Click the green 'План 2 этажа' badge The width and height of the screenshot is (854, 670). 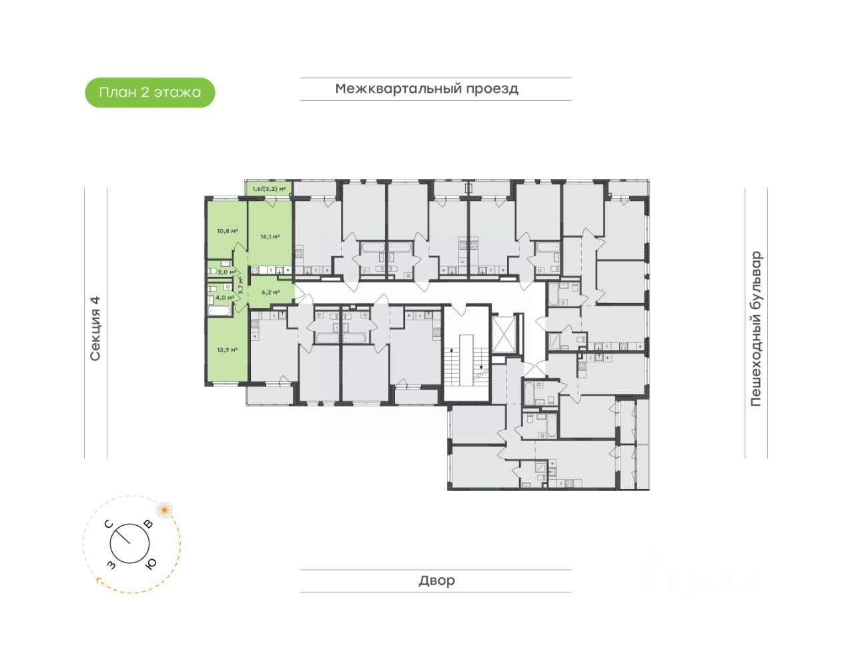[150, 93]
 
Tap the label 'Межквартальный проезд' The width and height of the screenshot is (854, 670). [427, 89]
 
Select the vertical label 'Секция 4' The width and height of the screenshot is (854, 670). [95, 328]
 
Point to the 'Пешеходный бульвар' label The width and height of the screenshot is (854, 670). [755, 328]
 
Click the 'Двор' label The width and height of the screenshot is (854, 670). [436, 581]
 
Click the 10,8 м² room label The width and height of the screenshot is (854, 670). [227, 231]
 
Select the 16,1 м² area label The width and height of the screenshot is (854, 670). [270, 236]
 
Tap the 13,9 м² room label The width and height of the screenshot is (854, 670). [227, 349]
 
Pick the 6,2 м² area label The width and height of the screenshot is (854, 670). [270, 292]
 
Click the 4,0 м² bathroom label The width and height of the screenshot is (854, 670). [225, 298]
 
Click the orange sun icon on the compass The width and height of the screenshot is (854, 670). [164, 511]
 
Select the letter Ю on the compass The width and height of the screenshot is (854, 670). [151, 564]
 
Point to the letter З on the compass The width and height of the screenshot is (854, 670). [111, 565]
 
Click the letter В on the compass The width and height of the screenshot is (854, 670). [148, 525]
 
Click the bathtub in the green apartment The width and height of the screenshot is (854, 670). [218, 310]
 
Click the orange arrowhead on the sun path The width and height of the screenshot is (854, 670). [99, 581]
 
